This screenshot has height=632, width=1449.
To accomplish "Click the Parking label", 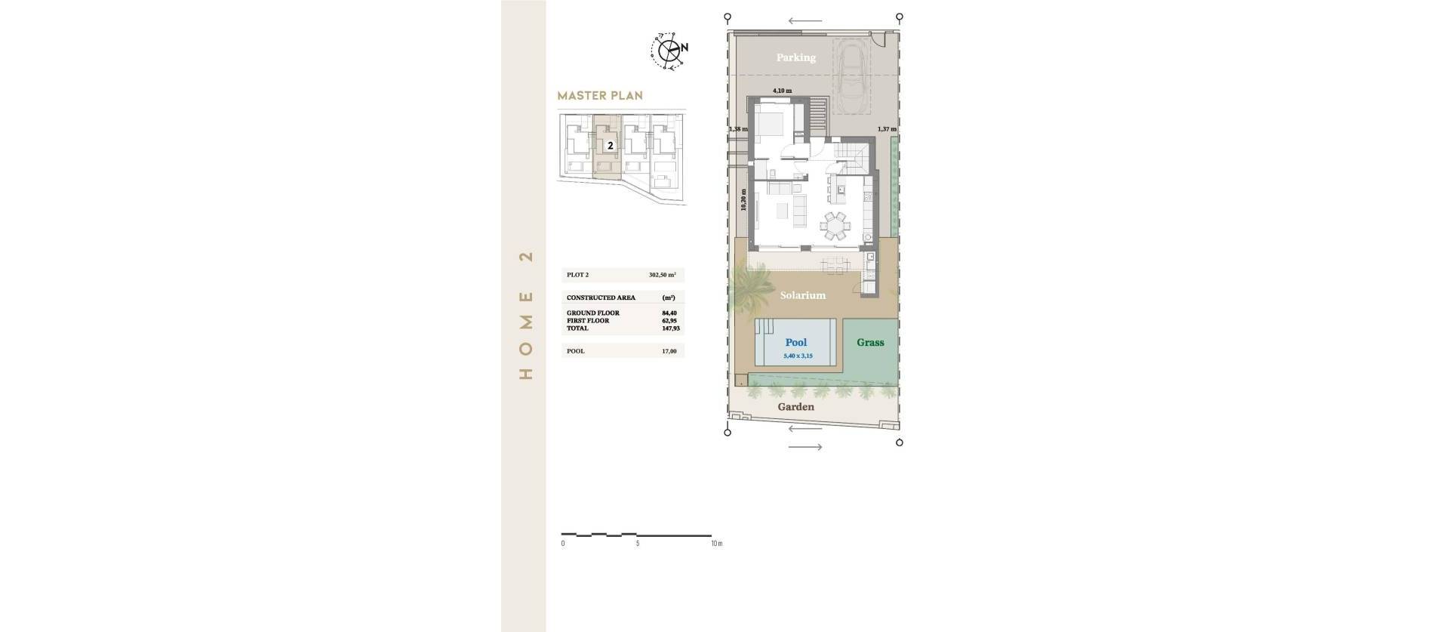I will (x=795, y=57).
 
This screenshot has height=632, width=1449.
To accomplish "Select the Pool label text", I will (x=795, y=343).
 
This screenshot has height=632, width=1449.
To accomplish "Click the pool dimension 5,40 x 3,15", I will (x=798, y=356).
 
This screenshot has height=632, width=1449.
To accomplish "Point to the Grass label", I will (x=870, y=343).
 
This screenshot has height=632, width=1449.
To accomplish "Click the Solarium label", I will (x=802, y=295).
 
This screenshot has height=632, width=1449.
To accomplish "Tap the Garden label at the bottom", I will (x=795, y=407).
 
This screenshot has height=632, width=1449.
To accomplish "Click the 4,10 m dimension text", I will (x=782, y=91).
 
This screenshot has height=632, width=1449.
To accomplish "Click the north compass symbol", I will (x=669, y=51).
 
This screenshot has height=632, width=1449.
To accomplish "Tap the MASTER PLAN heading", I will (x=600, y=96).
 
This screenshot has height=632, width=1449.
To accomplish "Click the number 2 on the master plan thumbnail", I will (x=610, y=146).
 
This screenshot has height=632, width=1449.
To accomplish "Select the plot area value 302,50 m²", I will (x=662, y=275).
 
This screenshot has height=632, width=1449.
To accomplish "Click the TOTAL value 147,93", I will (x=669, y=328).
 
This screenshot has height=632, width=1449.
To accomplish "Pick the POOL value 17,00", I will (x=669, y=351).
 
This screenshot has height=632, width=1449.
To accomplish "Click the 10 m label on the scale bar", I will (x=715, y=544).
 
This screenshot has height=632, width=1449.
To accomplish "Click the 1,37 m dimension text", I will (x=887, y=129).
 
